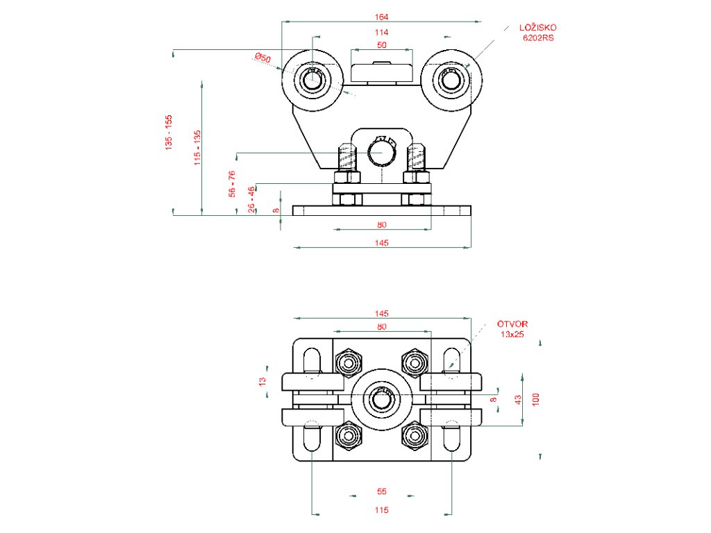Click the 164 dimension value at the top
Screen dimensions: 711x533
381,17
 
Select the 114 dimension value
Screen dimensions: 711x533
381,32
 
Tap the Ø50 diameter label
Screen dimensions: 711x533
262,58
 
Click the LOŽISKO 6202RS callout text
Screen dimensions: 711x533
538,33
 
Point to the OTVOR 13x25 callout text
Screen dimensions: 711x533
512,329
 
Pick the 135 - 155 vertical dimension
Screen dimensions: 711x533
169,133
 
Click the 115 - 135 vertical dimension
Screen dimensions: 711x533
197,148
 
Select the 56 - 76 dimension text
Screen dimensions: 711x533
232,183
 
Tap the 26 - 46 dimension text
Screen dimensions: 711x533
251,199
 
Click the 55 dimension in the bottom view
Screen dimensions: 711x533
382,491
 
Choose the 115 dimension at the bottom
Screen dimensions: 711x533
382,510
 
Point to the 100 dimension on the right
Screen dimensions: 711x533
536,399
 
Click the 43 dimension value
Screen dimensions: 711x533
518,399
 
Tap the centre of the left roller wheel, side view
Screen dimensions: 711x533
312,81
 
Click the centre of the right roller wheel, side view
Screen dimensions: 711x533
451,81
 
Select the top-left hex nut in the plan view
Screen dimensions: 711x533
349,362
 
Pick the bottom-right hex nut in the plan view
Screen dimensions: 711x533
415,436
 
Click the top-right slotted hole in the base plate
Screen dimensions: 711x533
451,362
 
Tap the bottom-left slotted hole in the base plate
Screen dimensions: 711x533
312,436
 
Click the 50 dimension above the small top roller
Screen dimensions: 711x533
382,45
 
